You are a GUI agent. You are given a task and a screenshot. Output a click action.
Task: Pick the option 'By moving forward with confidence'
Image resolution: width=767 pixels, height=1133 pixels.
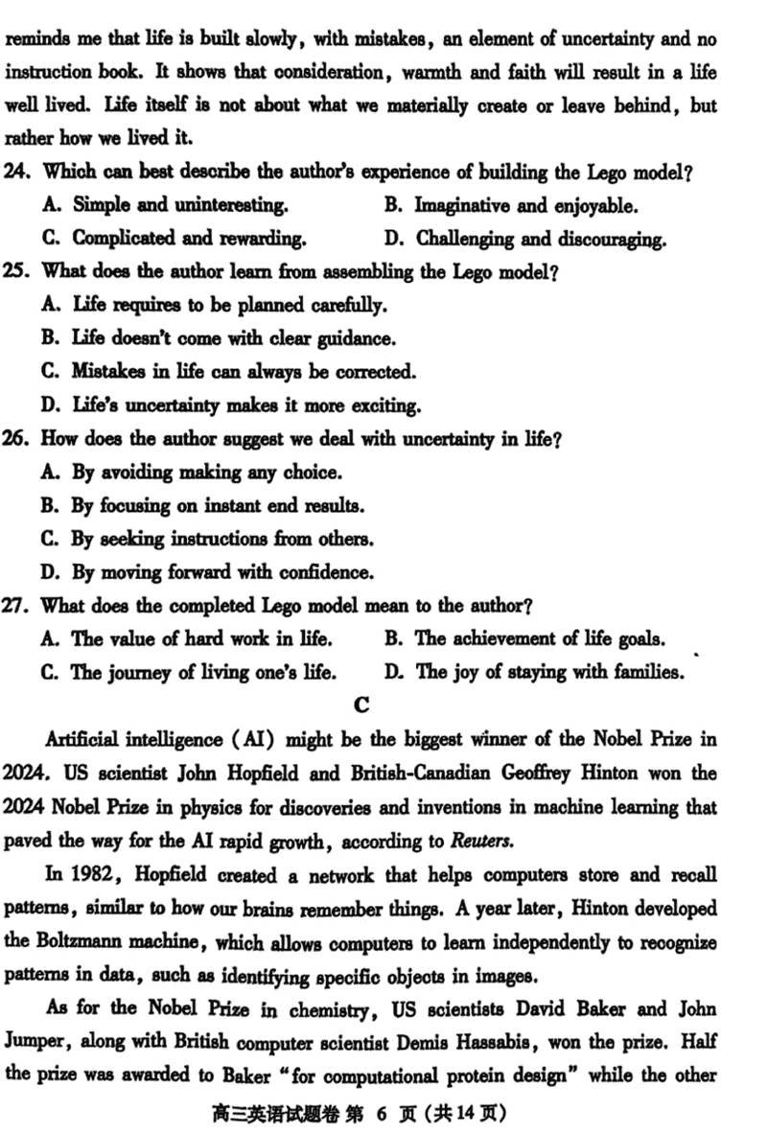221,572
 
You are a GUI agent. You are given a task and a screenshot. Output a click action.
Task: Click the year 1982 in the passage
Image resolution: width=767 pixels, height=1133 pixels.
81,874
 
